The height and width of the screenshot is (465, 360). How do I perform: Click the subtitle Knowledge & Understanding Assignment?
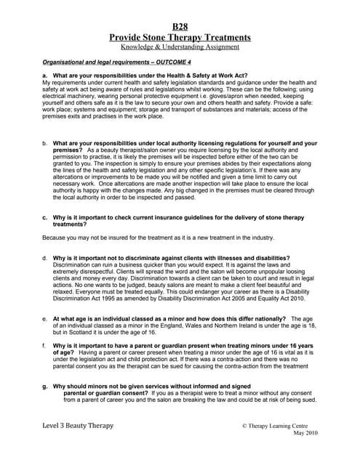pyautogui.click(x=180, y=46)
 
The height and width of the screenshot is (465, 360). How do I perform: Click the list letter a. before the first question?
pyautogui.click(x=45, y=76)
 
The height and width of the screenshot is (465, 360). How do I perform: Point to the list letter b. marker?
pyautogui.click(x=45, y=144)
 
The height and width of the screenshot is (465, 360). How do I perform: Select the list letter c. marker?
pyautogui.click(x=45, y=217)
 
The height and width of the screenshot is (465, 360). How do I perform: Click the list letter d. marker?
pyautogui.click(x=45, y=258)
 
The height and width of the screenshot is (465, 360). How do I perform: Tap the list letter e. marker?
pyautogui.click(x=45, y=319)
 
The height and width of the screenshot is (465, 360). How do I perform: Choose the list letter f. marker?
pyautogui.click(x=45, y=344)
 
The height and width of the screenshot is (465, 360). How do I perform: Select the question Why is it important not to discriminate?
pyautogui.click(x=172, y=258)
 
